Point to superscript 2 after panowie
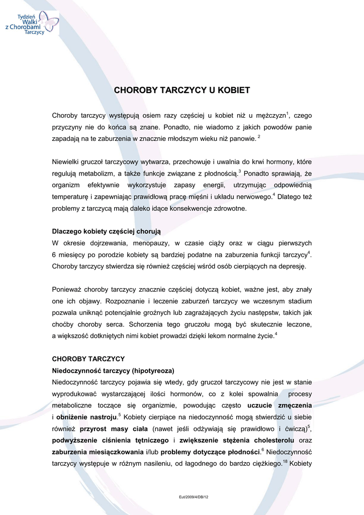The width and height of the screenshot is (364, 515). point(259,136)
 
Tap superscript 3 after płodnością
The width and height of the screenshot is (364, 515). point(240,171)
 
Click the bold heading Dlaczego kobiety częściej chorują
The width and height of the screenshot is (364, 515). point(107,231)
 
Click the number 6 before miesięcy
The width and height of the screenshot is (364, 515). point(54,254)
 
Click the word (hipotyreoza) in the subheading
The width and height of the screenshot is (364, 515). point(153,371)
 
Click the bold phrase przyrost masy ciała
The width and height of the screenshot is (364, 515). point(114,428)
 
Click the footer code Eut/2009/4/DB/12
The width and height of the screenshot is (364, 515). point(194,497)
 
